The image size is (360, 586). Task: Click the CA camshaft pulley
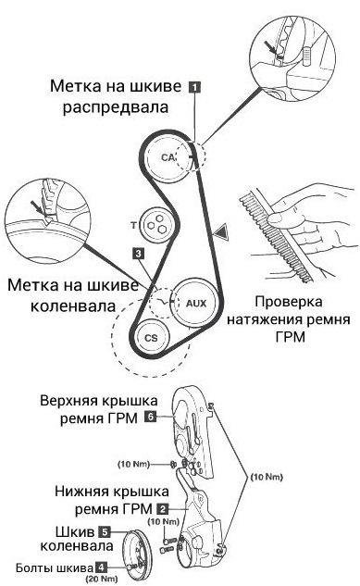point(167,157)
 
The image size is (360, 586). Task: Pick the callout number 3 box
point(138,251)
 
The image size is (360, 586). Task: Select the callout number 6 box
point(150,418)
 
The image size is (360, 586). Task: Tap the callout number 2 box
point(163,508)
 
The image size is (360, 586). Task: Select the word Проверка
point(289,303)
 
